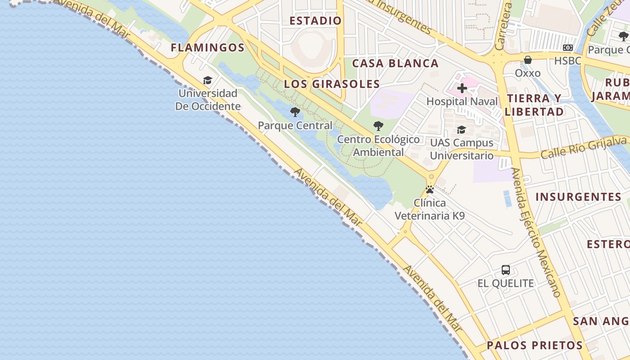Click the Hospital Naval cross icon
pos(462,88)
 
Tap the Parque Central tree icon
pos(295,112)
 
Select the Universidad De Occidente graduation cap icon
pos(207,80)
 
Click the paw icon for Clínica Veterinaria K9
pos(430,189)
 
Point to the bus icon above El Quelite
pos(506,270)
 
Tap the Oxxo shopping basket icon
pos(528,59)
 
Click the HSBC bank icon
pos(568,48)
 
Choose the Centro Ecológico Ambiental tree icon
pos(378,126)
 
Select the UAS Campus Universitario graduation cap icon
pos(461,130)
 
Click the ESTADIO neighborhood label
pos(315,21)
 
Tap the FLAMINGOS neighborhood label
pos(207,48)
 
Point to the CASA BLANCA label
pos(395,63)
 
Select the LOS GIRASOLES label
pos(332,84)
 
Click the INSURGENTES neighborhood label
pos(578,197)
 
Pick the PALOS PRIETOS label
pos(535,346)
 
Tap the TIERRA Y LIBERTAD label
pos(535,105)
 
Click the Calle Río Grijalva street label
pos(584,147)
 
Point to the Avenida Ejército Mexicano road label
pos(536,232)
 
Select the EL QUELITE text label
pos(506,283)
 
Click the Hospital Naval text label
pos(462,101)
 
